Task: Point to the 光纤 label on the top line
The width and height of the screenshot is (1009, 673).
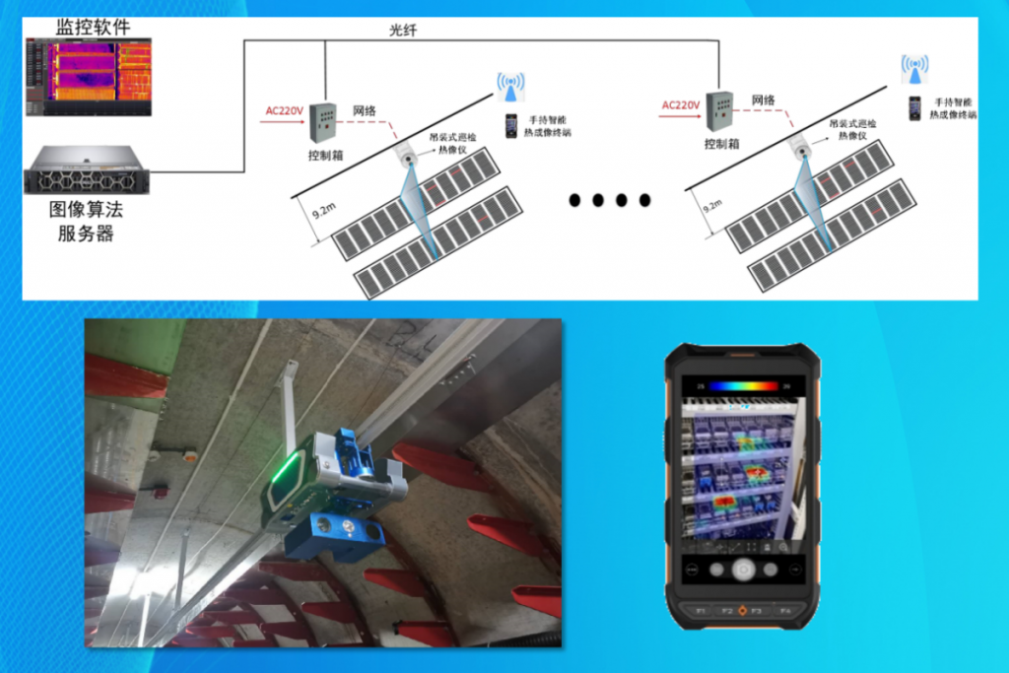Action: tap(403, 31)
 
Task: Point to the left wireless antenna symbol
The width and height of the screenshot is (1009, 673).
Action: tap(509, 84)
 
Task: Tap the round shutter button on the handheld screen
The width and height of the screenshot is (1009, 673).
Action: tap(743, 569)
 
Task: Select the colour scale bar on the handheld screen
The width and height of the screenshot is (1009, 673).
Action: tap(743, 386)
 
